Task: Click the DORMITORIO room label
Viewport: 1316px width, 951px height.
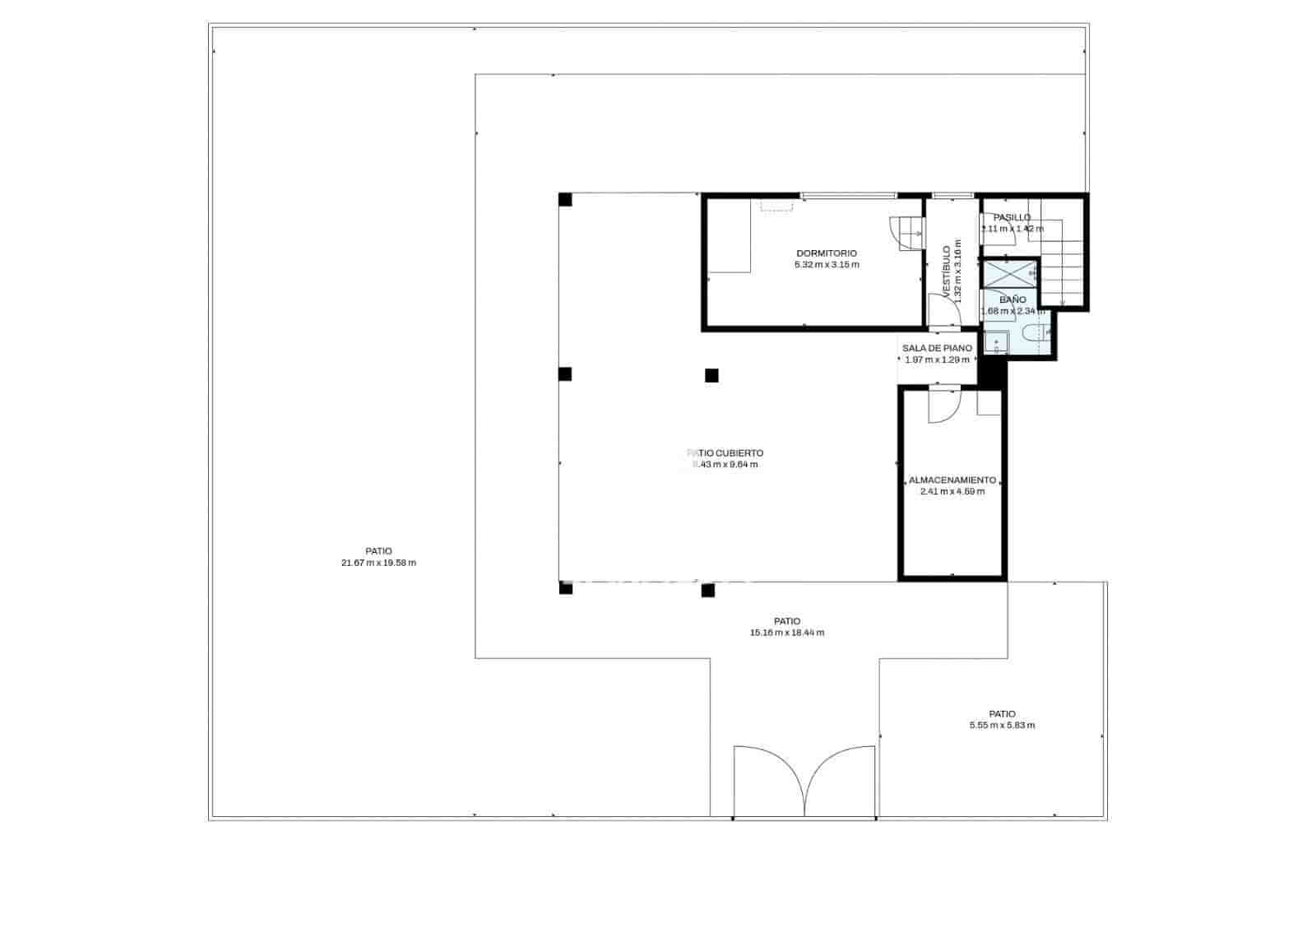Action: click(x=826, y=253)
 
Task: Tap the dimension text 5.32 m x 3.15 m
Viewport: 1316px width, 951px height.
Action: click(x=826, y=265)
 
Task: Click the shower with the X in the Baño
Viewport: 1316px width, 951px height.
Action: click(x=1010, y=274)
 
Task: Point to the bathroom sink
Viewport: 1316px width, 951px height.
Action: click(x=996, y=342)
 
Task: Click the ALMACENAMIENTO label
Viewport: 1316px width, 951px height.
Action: click(x=952, y=480)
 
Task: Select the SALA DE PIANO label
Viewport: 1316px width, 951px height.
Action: click(x=937, y=349)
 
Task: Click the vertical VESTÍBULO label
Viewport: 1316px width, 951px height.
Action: click(x=947, y=271)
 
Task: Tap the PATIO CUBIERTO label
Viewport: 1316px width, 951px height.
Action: click(x=725, y=453)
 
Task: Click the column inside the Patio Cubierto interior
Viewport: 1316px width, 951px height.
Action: click(x=711, y=376)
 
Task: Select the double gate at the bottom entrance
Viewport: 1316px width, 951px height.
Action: click(x=804, y=782)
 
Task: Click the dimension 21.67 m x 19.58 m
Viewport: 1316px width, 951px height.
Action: click(x=378, y=564)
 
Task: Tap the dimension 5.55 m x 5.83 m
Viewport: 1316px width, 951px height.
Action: click(x=1002, y=726)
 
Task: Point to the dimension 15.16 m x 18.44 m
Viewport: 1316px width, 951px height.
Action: click(x=786, y=633)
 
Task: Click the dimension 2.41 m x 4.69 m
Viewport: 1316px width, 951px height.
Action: click(x=952, y=492)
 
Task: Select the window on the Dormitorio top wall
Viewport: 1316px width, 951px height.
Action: click(x=848, y=196)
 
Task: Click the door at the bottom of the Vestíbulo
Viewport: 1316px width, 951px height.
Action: click(x=943, y=311)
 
